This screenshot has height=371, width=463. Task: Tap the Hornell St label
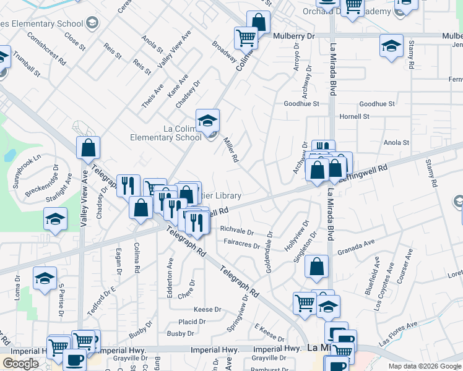354,116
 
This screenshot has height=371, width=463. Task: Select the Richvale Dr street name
237,231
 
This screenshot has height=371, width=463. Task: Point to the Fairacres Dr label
241,245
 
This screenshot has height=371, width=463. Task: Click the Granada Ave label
356,252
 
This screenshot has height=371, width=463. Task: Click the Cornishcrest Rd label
46,49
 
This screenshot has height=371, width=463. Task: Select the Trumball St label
28,64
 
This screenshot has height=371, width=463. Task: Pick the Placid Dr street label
192,322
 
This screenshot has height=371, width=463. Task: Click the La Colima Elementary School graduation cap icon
208,119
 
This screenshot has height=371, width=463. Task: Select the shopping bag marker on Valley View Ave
89,148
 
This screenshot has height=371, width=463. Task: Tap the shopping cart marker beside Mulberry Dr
246,38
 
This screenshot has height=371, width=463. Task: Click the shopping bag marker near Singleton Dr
316,267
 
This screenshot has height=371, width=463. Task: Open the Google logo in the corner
20,364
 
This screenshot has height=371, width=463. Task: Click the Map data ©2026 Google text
425,366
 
